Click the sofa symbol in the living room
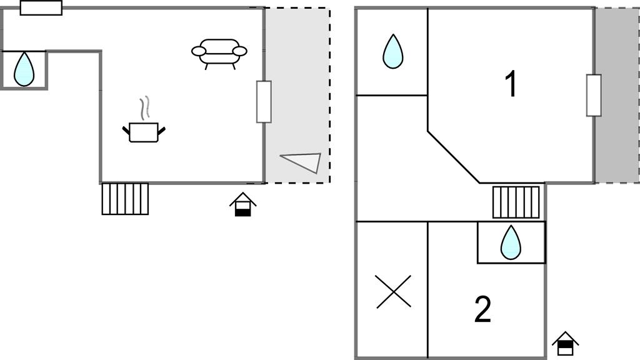pos(219,52)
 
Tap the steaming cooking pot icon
pos(144,131)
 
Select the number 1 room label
pos(511,84)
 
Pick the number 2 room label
pos(482,309)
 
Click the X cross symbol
pos(394,291)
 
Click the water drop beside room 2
pos(511,242)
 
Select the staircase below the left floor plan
pos(125,199)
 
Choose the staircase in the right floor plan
pos(516,202)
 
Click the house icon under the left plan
pos(242,204)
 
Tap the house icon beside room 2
pos(565,343)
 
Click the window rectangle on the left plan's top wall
pos(41,7)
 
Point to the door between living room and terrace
pos(264,101)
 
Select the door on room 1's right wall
pos(594,95)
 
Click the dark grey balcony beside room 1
pos(617,95)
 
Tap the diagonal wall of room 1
pos(453,157)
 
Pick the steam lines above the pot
pos(145,107)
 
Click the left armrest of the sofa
pos(199,51)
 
